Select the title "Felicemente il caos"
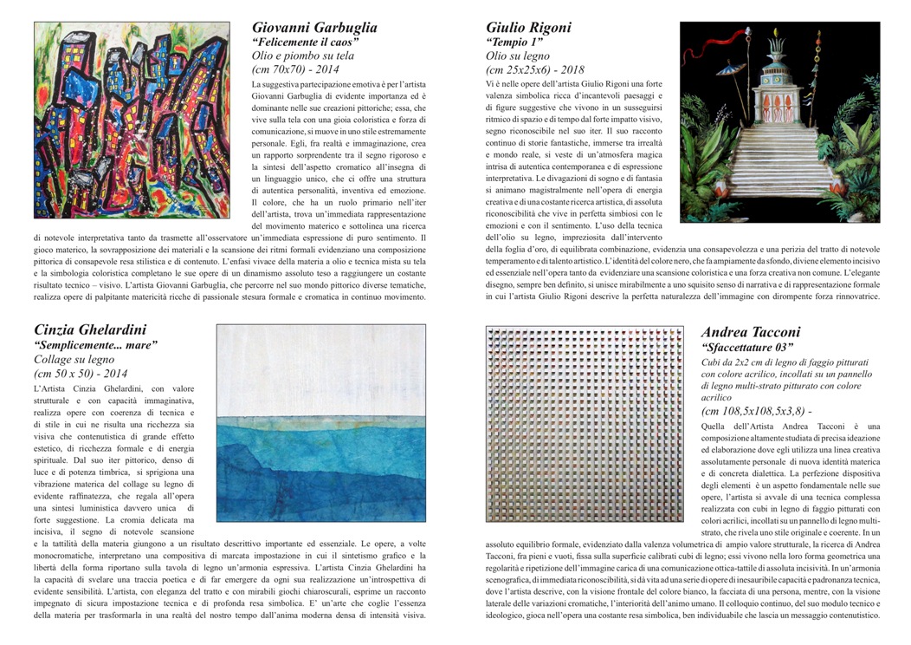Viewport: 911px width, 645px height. (x=306, y=42)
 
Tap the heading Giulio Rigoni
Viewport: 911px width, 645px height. (x=528, y=27)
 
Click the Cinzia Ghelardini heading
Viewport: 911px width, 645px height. (x=90, y=329)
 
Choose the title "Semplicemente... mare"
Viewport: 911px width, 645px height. (x=95, y=345)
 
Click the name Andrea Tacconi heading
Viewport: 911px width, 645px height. (x=751, y=332)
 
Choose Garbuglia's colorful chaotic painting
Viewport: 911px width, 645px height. (x=132, y=120)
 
